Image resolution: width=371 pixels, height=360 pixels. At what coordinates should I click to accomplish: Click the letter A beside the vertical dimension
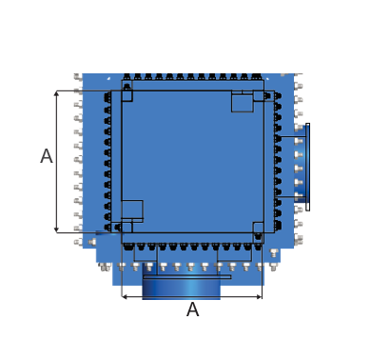pyautogui.click(x=47, y=156)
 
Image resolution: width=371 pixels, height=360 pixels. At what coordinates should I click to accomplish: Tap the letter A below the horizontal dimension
pyautogui.click(x=193, y=310)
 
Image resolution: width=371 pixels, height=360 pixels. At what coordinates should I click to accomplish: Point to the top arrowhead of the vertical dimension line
pyautogui.click(x=56, y=93)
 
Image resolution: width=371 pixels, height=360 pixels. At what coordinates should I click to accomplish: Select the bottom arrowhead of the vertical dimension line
pyautogui.click(x=56, y=230)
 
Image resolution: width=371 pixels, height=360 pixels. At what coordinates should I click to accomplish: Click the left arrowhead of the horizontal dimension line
pyautogui.click(x=125, y=297)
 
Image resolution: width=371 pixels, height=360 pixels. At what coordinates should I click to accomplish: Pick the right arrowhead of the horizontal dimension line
pyautogui.click(x=260, y=297)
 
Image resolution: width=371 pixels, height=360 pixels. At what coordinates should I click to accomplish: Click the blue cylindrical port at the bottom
pyautogui.click(x=182, y=288)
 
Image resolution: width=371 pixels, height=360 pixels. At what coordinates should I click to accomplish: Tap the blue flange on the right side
pyautogui.click(x=301, y=164)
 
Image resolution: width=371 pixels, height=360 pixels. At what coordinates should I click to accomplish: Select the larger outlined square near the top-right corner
pyautogui.click(x=243, y=101)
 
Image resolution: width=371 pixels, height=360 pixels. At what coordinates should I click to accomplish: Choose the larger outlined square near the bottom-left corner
pyautogui.click(x=132, y=210)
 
